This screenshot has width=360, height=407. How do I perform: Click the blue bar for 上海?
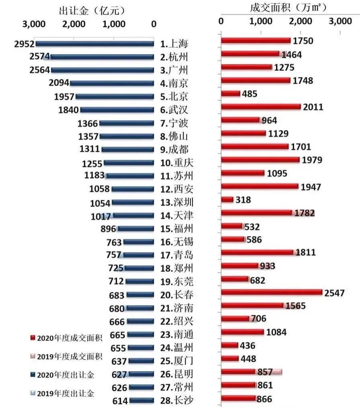click(x=95, y=43)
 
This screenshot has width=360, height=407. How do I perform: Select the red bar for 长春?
click(x=272, y=292)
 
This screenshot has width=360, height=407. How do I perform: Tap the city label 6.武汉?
click(x=174, y=110)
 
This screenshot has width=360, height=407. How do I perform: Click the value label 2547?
click(x=335, y=292)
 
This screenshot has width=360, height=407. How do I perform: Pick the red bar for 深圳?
click(x=227, y=199)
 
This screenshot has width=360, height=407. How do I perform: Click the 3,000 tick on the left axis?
click(x=34, y=24)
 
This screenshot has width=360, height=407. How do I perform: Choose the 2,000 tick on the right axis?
click(x=300, y=21)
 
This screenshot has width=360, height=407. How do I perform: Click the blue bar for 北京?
click(x=115, y=97)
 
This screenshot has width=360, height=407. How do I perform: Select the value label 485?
click(x=250, y=94)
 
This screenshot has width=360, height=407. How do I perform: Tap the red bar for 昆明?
click(x=238, y=372)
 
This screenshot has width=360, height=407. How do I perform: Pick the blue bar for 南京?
click(x=112, y=83)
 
